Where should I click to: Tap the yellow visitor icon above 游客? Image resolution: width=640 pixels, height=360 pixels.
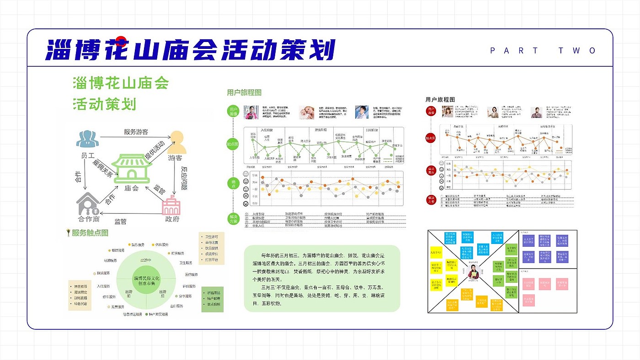click(x=177, y=142)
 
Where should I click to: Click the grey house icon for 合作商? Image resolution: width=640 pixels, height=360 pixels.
click(x=88, y=204)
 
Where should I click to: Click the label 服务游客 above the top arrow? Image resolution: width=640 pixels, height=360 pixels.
click(x=136, y=132)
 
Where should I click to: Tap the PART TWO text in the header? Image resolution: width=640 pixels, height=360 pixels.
click(x=543, y=51)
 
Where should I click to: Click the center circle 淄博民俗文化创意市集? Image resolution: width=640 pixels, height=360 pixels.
click(x=146, y=280)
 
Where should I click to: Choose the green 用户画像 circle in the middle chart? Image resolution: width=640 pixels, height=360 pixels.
click(x=234, y=111)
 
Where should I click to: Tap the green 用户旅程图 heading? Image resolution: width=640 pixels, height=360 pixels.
click(x=244, y=92)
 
